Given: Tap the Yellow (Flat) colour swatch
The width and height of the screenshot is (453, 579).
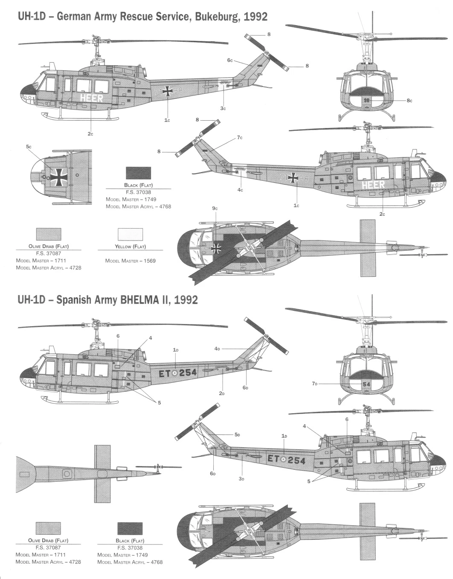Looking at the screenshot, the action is [x=130, y=234].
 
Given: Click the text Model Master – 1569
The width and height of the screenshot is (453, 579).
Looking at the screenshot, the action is [x=130, y=261].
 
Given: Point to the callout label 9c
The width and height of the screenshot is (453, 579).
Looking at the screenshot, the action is [x=215, y=208].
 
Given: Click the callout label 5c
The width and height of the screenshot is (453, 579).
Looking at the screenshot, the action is [x=29, y=147].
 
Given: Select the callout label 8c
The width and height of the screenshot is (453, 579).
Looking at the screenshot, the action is [x=409, y=101].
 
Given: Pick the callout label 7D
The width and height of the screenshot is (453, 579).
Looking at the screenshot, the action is [x=315, y=383].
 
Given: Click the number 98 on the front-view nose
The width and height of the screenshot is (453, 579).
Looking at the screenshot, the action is [x=367, y=100].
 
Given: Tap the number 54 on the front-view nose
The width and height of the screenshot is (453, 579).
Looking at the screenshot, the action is [x=367, y=384].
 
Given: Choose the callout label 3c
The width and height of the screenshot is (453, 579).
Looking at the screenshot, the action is [x=223, y=108].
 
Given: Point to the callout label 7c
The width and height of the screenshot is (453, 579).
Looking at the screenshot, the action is [x=240, y=137].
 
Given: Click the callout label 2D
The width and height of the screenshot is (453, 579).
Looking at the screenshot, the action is [x=222, y=393].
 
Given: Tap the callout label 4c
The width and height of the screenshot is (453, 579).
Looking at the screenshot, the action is [x=240, y=190].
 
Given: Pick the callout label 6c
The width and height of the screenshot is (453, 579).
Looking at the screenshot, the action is [x=229, y=60].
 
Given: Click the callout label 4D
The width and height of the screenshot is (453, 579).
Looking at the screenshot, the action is [x=217, y=348].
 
